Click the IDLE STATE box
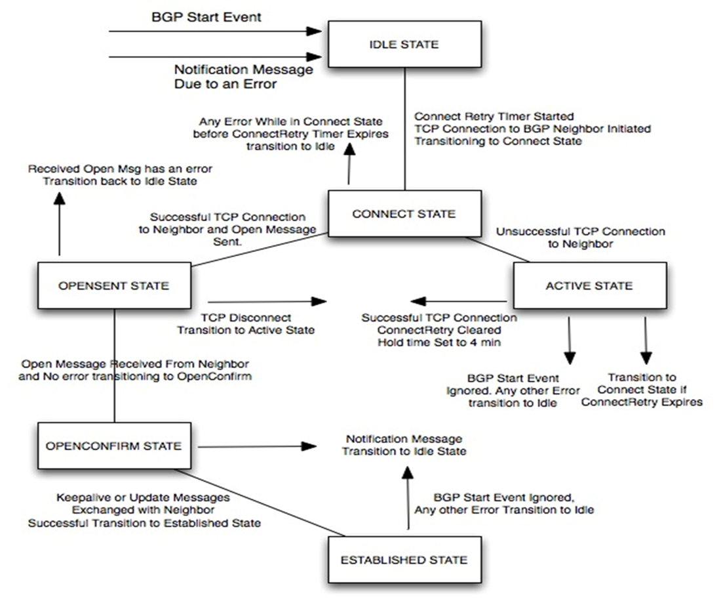click(x=402, y=45)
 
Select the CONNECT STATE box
click(x=404, y=214)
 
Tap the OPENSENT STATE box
click(x=114, y=285)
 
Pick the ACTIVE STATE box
click(x=589, y=285)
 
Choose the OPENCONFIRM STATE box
click(x=113, y=446)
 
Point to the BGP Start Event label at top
click(x=206, y=17)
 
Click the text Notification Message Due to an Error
click(x=243, y=76)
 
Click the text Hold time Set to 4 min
click(x=439, y=341)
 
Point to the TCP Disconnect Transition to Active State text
click(x=245, y=324)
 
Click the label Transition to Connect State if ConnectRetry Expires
click(x=642, y=389)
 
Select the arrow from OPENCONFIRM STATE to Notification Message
click(x=256, y=446)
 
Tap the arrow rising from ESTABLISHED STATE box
click(x=408, y=499)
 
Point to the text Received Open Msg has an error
click(x=120, y=169)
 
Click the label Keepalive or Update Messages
click(x=143, y=497)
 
